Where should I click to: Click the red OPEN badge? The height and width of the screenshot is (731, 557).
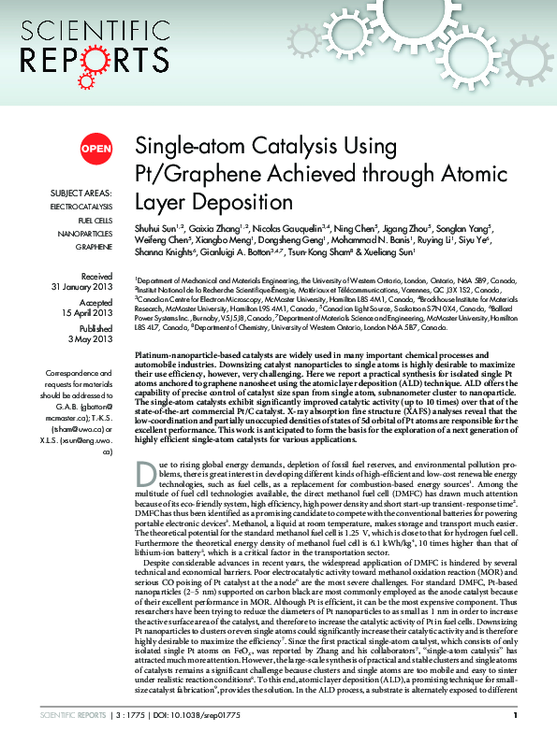click(x=95, y=148)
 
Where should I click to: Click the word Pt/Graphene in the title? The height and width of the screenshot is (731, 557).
click(x=184, y=175)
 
